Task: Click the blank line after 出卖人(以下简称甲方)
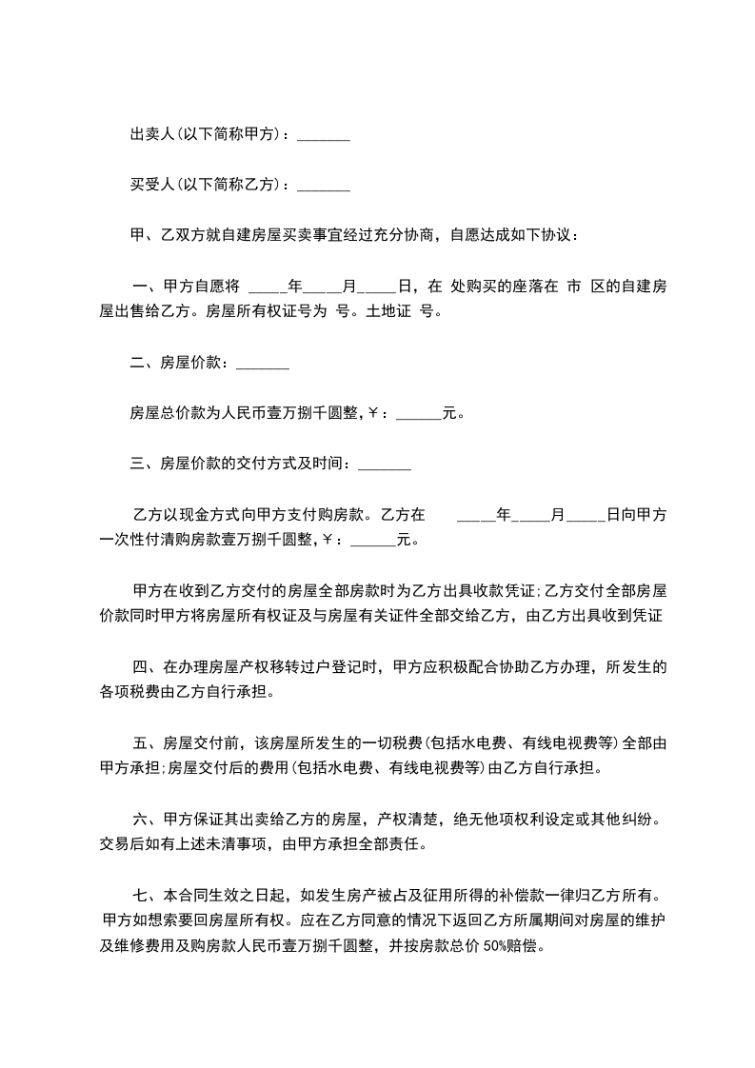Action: pos(324,137)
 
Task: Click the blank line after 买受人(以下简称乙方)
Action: pos(324,186)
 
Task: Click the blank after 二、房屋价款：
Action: pos(262,363)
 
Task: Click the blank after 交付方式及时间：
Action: pos(384,465)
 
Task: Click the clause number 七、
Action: pos(146,895)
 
